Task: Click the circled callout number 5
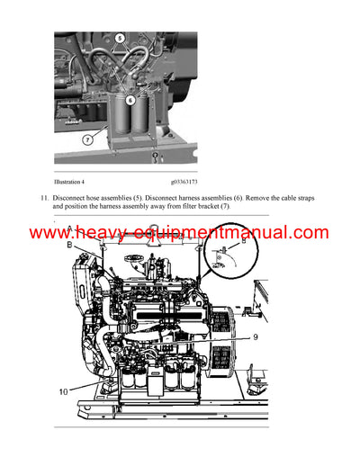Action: click(x=120, y=38)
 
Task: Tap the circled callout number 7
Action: click(x=86, y=140)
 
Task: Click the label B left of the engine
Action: click(x=70, y=244)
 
